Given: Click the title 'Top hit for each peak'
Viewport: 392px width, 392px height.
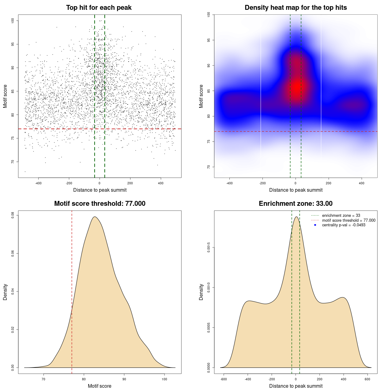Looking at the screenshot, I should (x=99, y=8).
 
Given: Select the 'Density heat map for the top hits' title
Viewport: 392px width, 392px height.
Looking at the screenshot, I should (x=296, y=8).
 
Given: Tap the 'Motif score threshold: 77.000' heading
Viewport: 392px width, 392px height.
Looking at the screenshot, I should (x=100, y=204).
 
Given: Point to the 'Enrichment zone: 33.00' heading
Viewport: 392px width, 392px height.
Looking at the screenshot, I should (x=296, y=204).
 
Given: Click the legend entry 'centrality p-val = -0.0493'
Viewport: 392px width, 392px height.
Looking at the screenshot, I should (x=344, y=225).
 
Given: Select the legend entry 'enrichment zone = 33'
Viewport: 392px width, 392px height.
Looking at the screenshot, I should (x=341, y=216).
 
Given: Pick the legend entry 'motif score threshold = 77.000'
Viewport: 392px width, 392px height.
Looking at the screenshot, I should (x=349, y=220).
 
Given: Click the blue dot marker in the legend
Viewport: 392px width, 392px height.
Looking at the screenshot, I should (x=315, y=225).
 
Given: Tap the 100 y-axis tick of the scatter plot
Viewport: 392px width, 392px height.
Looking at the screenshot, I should (x=13, y=21).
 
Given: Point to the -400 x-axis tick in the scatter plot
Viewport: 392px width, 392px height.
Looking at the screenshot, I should (x=38, y=183).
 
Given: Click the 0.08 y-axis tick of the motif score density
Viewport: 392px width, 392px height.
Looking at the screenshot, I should (x=13, y=215).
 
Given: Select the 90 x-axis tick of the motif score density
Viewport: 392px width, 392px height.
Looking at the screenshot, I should (x=124, y=379).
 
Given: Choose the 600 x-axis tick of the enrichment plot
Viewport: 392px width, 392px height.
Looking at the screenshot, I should (x=367, y=379).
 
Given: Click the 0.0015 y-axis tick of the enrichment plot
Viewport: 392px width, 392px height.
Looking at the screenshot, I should (x=209, y=247).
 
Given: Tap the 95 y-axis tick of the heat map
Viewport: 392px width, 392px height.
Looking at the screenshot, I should (x=209, y=40).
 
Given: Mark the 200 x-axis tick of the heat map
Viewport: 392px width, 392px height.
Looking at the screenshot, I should (x=329, y=183).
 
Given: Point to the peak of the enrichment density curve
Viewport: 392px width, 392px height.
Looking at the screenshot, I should (x=296, y=217).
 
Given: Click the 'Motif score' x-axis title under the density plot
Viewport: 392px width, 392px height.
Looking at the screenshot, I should (x=100, y=386).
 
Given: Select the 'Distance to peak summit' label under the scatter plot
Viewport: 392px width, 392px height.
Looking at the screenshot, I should (x=100, y=190).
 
